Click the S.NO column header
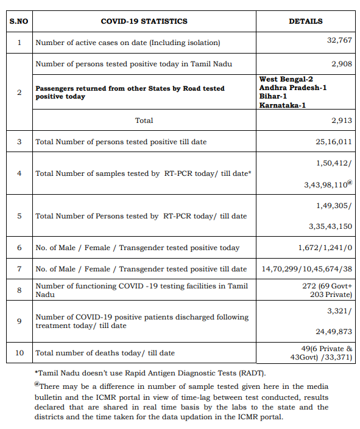point(19,21)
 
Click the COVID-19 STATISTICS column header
point(144,21)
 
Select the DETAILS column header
point(305,21)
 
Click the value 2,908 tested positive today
point(342,63)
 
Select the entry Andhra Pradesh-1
point(293,88)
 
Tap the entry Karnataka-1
point(283,106)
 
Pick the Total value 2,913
point(342,120)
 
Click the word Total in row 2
point(144,120)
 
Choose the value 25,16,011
point(334,142)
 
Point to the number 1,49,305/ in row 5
point(334,206)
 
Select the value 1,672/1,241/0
point(325,248)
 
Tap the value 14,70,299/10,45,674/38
point(307,268)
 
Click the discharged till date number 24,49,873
point(334,332)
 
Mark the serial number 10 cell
point(19,353)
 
